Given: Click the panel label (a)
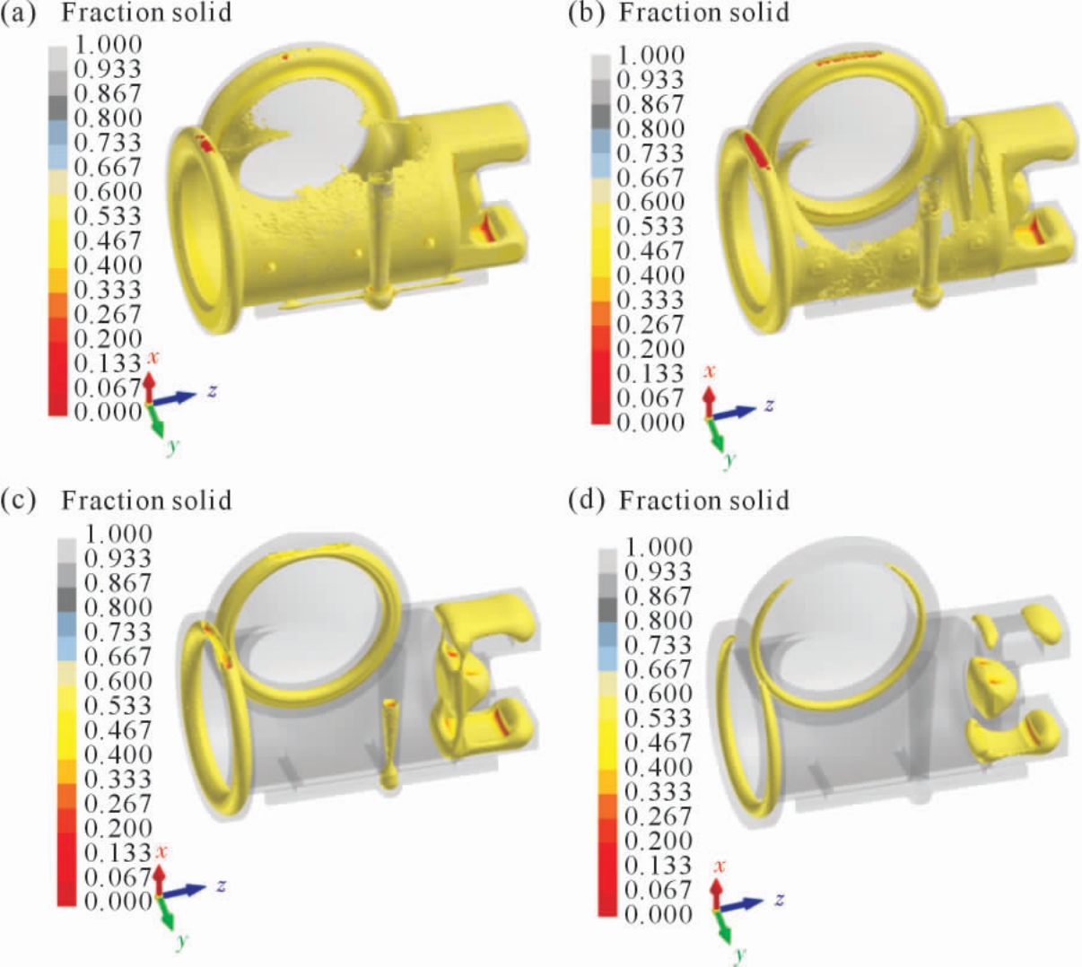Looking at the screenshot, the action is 18,13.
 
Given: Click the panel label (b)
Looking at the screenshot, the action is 587,13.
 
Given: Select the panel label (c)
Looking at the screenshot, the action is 18,501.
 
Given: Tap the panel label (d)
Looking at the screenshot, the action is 587,501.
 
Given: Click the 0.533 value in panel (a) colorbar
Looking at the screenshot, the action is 108,216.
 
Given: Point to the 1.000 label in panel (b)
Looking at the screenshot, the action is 650,55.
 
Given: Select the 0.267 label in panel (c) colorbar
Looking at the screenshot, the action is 118,804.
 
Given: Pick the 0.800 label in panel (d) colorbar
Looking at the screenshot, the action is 658,620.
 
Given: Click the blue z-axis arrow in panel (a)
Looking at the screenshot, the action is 175,398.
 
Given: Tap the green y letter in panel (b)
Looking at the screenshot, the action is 729,458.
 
